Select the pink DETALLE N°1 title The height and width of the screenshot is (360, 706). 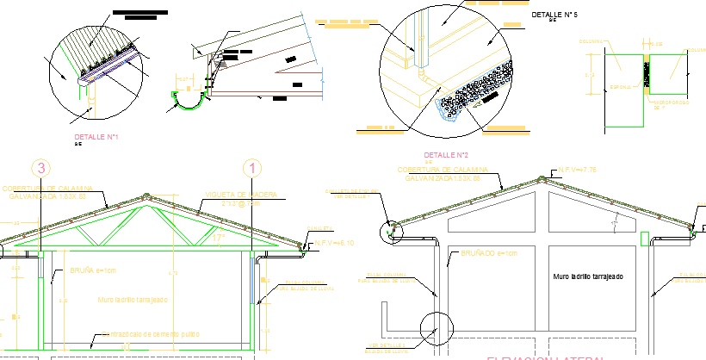pos(96,137)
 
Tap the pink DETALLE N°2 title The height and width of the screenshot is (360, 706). pos(445,155)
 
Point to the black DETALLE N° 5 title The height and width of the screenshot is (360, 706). pos(554,16)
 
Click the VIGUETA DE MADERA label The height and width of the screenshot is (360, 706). pos(240,196)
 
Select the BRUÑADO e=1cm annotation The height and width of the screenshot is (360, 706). pos(489,254)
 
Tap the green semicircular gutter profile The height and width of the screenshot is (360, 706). pos(188,101)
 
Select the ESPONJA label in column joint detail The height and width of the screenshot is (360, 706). pos(621,87)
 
